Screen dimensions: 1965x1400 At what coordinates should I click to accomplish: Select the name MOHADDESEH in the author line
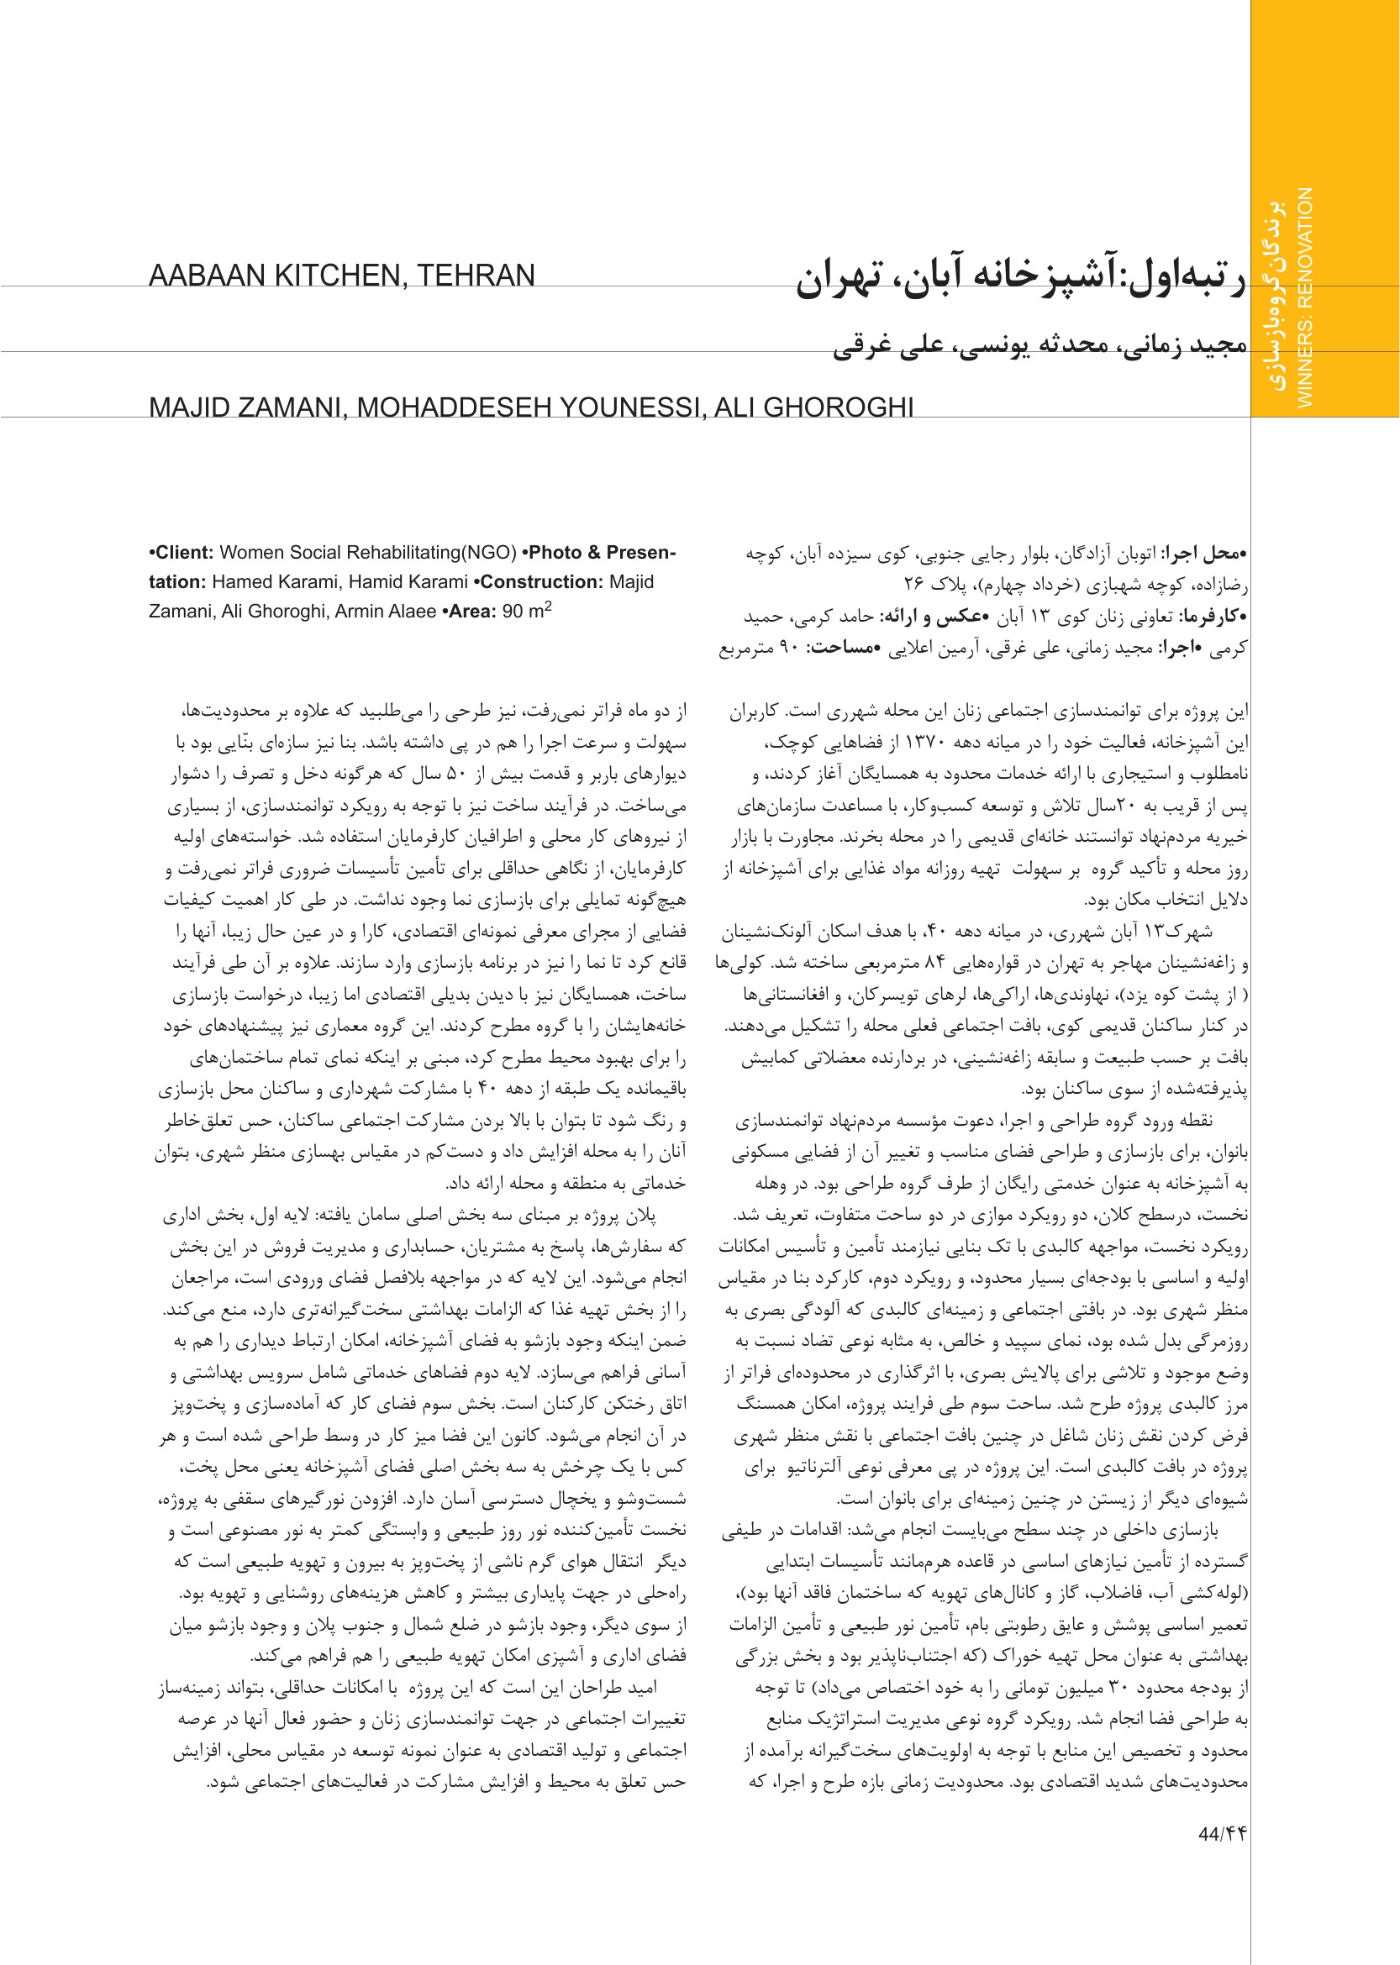(448, 407)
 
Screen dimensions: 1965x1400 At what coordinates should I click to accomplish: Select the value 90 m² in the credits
(527, 610)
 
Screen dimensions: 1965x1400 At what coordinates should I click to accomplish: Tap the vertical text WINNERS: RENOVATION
(1305, 297)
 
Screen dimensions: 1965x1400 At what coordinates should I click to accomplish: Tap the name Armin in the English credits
(361, 611)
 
